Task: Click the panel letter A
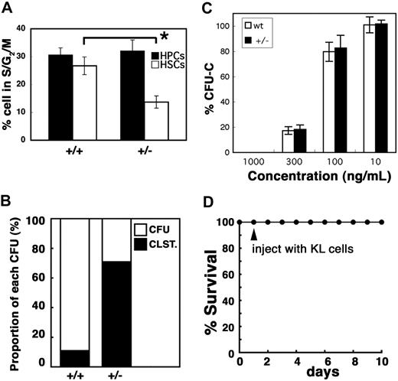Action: (x=8, y=8)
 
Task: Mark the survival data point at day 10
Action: (x=383, y=222)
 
